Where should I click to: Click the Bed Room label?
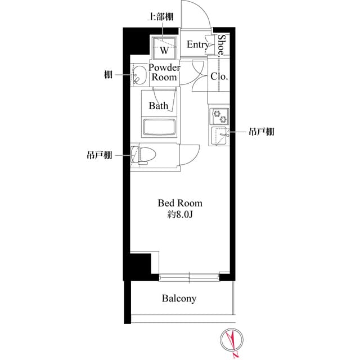(179, 203)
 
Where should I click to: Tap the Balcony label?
(179, 298)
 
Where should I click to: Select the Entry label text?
(197, 45)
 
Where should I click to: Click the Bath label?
(158, 105)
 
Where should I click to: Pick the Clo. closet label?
(219, 77)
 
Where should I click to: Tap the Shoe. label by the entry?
(222, 45)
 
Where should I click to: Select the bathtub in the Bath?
(160, 127)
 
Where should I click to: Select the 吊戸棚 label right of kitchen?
(262, 132)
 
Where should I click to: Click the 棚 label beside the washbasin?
(107, 74)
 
